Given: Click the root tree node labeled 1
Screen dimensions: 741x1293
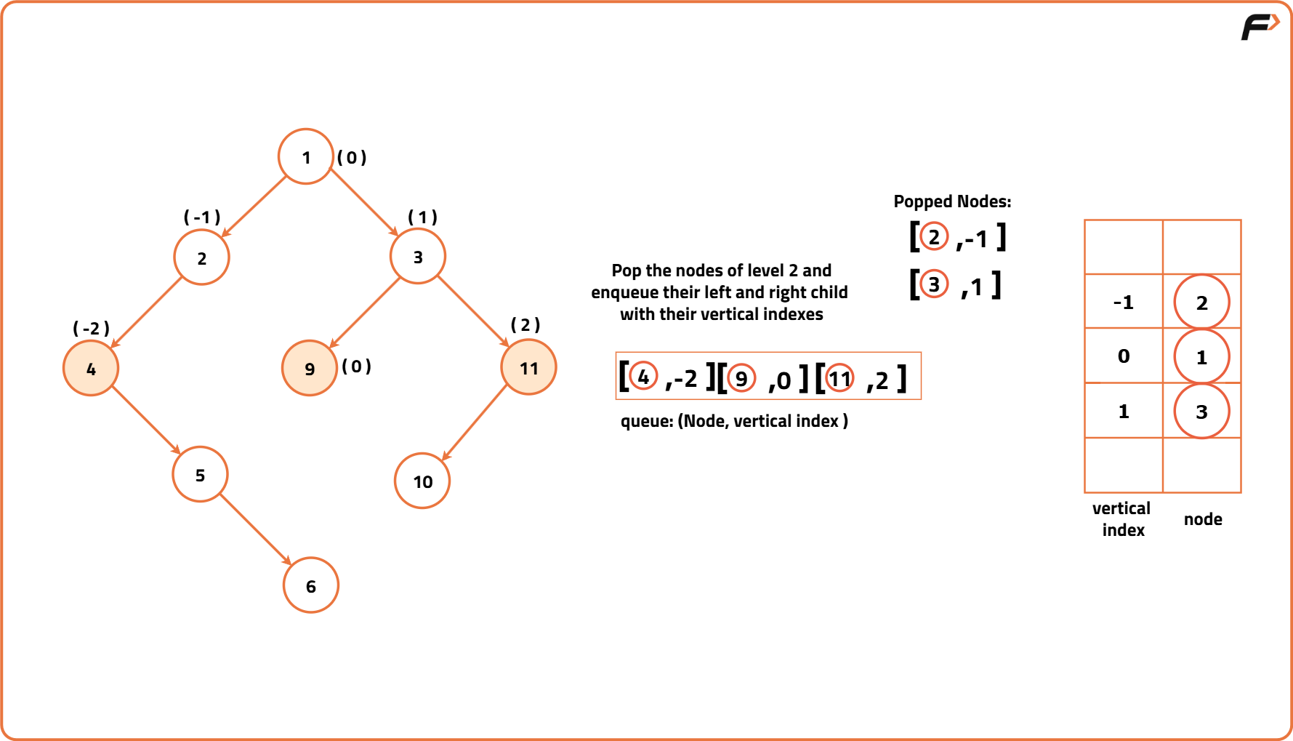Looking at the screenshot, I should (x=306, y=156).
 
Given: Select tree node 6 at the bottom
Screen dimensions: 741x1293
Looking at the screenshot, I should (x=311, y=585).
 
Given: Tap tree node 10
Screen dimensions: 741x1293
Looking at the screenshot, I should (x=422, y=481).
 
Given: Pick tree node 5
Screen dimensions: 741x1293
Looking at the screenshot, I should (x=200, y=475).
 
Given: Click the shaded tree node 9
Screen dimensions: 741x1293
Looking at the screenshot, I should (x=310, y=368).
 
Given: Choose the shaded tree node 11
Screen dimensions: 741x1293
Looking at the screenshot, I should (x=528, y=367).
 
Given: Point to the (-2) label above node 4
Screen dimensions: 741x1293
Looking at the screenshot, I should (x=91, y=328).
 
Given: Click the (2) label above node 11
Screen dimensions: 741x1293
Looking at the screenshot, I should (x=525, y=324).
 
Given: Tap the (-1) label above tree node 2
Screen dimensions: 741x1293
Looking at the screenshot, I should (x=202, y=217).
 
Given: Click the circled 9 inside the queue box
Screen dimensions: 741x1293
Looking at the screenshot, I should (x=741, y=378).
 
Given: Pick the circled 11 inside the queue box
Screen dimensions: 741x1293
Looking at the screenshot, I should (x=839, y=378).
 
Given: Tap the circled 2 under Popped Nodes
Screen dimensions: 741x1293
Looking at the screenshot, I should (x=934, y=236).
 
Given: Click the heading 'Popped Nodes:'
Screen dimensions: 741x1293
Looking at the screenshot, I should (x=952, y=201).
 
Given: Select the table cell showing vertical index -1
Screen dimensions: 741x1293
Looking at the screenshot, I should (x=1124, y=302).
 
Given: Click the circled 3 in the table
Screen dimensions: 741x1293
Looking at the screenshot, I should (x=1201, y=412).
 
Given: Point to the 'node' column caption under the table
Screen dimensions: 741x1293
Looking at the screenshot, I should (x=1203, y=519).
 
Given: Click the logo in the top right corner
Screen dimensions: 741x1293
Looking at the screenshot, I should (x=1260, y=27).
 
